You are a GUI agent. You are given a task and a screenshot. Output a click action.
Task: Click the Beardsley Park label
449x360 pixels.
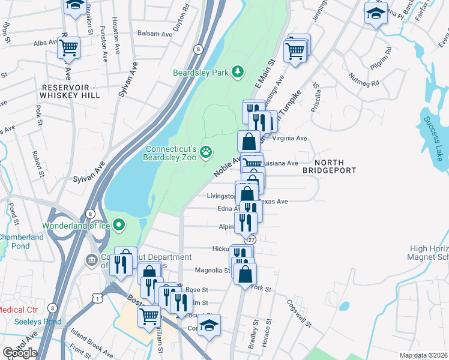201,73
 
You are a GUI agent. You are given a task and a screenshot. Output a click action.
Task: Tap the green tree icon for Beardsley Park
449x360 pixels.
238,72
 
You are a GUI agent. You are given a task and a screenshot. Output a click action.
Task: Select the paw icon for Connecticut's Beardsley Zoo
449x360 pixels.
206,152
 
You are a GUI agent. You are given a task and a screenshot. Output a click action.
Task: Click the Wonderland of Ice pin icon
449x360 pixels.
119,226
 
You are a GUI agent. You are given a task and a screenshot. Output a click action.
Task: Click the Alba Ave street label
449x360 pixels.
45,43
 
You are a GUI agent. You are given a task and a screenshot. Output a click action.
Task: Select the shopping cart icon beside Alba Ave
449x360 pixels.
69,47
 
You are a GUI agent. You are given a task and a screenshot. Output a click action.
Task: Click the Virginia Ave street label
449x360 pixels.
290,138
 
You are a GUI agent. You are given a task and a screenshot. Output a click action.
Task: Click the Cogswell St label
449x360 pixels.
298,313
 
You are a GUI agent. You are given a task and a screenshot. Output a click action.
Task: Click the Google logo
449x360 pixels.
20,353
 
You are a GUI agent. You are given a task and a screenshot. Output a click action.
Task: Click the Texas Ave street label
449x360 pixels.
274,202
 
